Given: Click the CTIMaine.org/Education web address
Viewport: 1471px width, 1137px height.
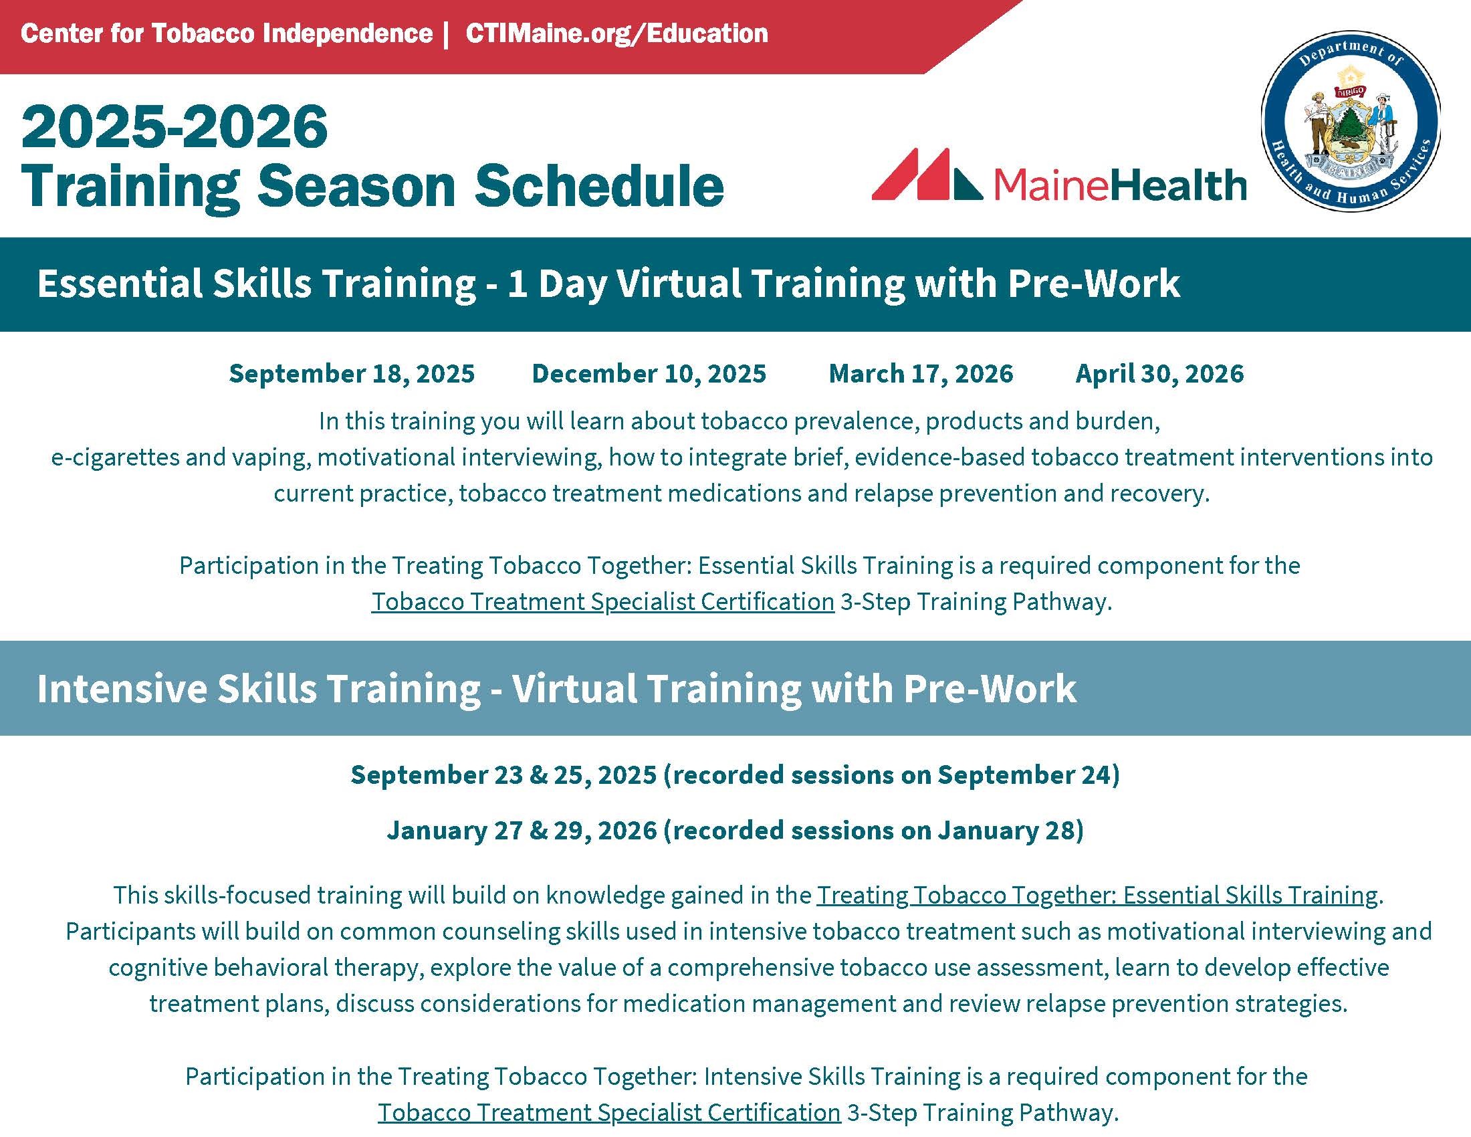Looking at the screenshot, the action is tap(616, 33).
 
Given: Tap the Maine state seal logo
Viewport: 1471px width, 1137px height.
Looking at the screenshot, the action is tap(1351, 121).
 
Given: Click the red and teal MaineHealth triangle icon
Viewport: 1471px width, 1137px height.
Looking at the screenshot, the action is tap(926, 174).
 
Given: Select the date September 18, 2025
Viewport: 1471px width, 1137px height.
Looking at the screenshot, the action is tap(352, 373).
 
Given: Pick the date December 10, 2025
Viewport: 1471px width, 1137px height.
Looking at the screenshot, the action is tap(649, 373).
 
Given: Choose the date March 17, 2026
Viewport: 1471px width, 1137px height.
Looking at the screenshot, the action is tap(921, 373).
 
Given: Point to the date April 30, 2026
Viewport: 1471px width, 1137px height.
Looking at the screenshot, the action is tap(1159, 373).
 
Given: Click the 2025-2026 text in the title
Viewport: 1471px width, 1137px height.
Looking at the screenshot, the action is tap(175, 126).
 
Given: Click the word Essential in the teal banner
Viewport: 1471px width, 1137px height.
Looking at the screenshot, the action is tap(119, 283).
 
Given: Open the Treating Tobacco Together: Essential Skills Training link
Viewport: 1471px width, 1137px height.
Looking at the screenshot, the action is tap(1097, 895).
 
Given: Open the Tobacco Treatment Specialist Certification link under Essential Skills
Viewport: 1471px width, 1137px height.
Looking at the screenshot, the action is tap(603, 601).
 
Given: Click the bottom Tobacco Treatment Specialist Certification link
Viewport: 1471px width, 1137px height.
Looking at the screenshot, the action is tap(609, 1112).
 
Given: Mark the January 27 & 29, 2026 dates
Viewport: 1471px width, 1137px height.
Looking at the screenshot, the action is tap(522, 830).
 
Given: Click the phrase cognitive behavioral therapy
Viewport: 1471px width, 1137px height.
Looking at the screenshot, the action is tap(265, 968).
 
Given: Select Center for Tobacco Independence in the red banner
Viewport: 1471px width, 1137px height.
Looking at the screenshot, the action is tap(226, 33).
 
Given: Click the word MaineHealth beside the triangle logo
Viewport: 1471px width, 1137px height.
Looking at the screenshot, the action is tap(1119, 185).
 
